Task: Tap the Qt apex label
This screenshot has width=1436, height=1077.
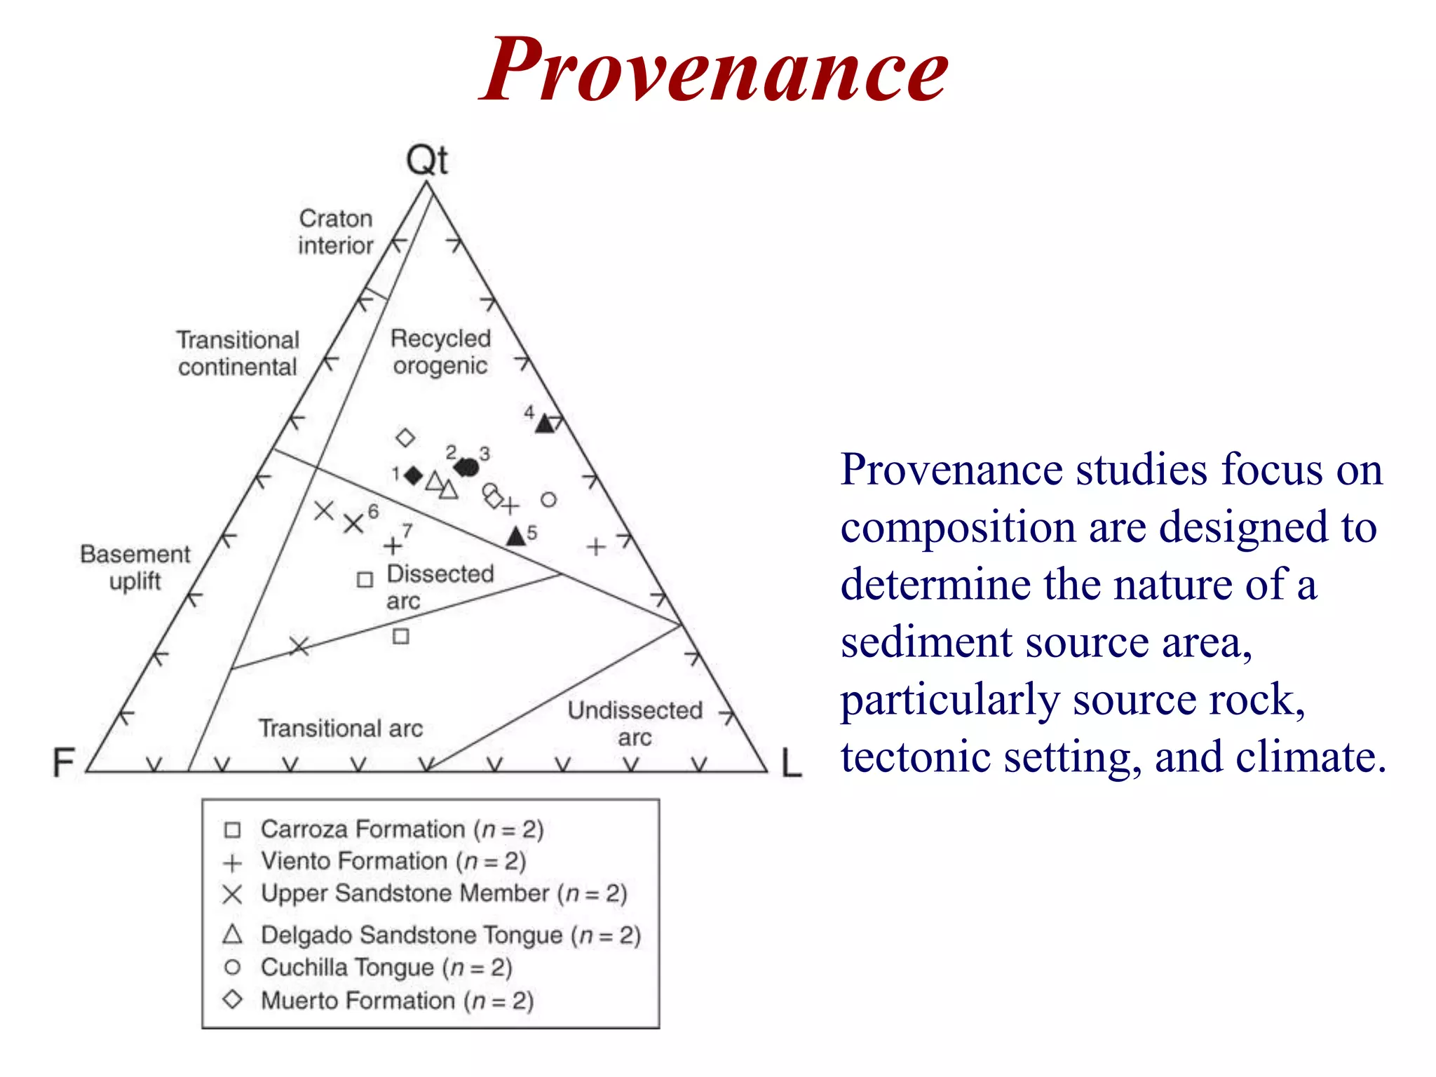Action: (426, 161)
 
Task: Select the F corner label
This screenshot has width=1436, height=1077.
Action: (64, 762)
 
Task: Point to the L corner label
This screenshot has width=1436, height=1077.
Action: (791, 763)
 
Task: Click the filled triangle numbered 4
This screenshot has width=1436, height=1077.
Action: (545, 424)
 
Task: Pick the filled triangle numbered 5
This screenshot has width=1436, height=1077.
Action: (516, 537)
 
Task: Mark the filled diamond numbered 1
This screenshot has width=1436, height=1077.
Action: (414, 475)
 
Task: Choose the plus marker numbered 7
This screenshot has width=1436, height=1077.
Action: (393, 546)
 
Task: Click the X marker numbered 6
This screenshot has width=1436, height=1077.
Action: (353, 523)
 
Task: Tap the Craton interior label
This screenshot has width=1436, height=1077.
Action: (335, 232)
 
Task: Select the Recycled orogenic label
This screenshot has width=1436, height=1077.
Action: (440, 352)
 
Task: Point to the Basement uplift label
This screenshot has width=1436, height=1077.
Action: (135, 567)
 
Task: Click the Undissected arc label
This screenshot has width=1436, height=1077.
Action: (635, 724)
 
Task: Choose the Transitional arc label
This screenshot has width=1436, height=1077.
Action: (341, 729)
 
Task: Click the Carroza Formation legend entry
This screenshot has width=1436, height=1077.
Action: (402, 829)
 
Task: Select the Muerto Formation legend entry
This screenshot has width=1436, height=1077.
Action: (397, 1001)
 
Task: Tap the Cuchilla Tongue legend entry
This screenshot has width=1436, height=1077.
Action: (386, 968)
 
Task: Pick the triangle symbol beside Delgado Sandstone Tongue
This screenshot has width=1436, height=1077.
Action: (233, 935)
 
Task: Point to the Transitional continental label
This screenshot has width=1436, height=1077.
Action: (238, 353)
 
